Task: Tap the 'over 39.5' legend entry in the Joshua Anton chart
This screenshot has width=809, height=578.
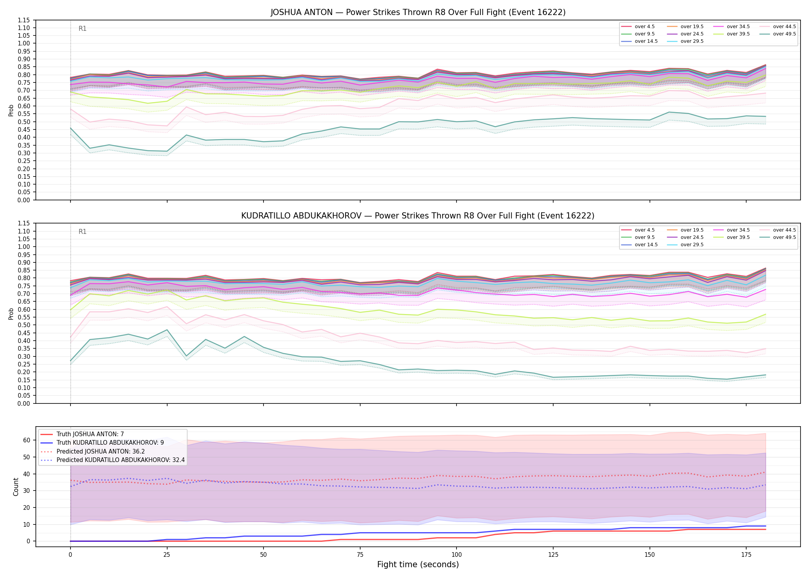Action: click(x=732, y=34)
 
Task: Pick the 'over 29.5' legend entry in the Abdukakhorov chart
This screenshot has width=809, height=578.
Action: click(x=685, y=245)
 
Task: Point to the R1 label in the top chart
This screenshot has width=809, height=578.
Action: click(x=82, y=29)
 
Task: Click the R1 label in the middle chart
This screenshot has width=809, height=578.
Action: click(x=82, y=232)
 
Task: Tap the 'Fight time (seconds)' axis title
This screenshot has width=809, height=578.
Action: click(x=418, y=565)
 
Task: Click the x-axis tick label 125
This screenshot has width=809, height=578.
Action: click(x=553, y=555)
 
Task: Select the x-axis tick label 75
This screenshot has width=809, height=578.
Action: click(x=360, y=555)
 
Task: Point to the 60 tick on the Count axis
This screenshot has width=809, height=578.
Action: click(x=27, y=440)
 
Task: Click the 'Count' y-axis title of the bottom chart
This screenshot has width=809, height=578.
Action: click(x=16, y=487)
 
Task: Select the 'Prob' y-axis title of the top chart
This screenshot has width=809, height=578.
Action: click(x=11, y=110)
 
